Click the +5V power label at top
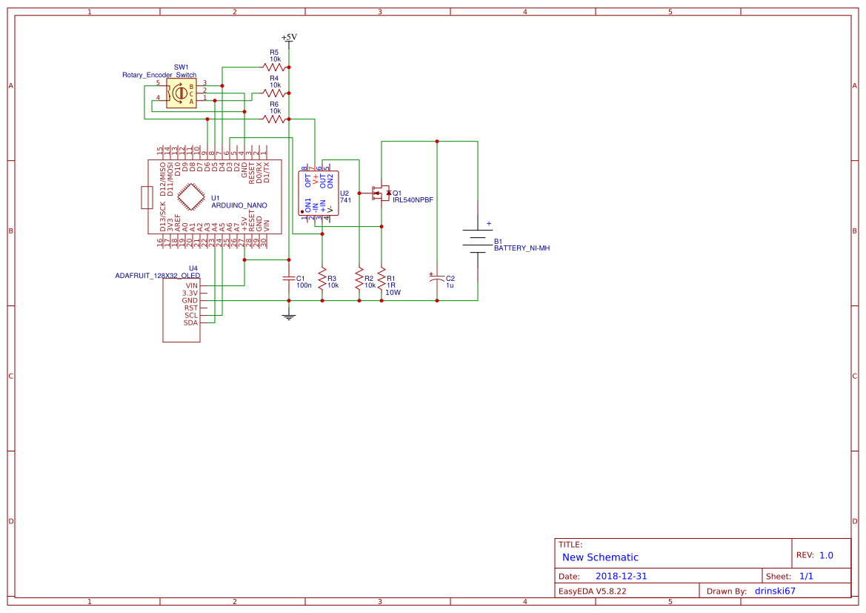pyautogui.click(x=289, y=37)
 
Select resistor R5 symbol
pyautogui.click(x=274, y=67)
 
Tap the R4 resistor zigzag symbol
pyautogui.click(x=274, y=93)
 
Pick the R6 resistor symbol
pyautogui.click(x=274, y=119)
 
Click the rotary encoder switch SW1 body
pyautogui.click(x=181, y=94)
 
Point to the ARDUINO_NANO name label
pyautogui.click(x=239, y=205)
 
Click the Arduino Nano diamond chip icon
pyautogui.click(x=192, y=198)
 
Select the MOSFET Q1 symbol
pyautogui.click(x=380, y=193)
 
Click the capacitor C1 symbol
pyautogui.click(x=289, y=279)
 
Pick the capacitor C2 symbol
pyautogui.click(x=437, y=279)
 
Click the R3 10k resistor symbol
pyautogui.click(x=322, y=279)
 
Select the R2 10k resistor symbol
pyautogui.click(x=359, y=279)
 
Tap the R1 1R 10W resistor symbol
pyautogui.click(x=382, y=279)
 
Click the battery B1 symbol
pyautogui.click(x=478, y=240)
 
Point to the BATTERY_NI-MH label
pyautogui.click(x=522, y=248)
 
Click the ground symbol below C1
pyautogui.click(x=289, y=316)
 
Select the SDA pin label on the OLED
pyautogui.click(x=191, y=322)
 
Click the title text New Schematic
pyautogui.click(x=600, y=557)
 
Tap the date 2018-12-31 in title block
pyautogui.click(x=621, y=576)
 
